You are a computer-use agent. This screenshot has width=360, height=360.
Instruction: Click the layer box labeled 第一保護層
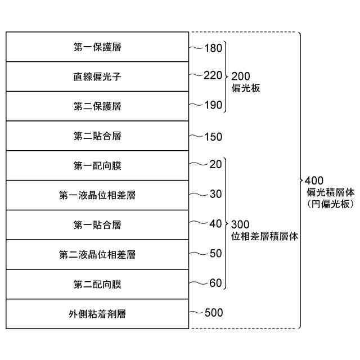(x=97, y=47)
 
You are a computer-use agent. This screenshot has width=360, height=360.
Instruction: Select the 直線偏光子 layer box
(x=97, y=76)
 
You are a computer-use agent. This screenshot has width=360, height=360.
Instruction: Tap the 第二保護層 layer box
(x=97, y=106)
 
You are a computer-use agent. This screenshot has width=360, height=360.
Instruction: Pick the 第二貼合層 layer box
(x=97, y=136)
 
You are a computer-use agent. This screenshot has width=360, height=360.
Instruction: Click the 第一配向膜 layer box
(x=97, y=166)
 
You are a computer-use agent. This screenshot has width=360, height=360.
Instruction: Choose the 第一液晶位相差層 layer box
(x=97, y=195)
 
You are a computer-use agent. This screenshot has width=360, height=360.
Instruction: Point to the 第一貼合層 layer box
(x=97, y=225)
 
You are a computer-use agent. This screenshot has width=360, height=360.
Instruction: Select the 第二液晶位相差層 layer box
(x=97, y=255)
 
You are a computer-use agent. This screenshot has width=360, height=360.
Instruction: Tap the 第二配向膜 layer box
(x=97, y=284)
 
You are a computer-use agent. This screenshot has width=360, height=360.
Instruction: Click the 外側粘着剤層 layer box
(x=97, y=314)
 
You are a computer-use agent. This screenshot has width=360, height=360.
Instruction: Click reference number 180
(x=213, y=49)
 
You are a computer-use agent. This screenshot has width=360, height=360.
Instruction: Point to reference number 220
(x=213, y=75)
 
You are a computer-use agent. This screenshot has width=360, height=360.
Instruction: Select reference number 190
(x=213, y=105)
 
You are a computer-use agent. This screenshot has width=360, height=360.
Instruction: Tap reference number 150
(x=213, y=137)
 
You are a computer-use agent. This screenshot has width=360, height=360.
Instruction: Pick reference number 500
(x=213, y=313)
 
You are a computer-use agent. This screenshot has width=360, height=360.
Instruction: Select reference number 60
(x=215, y=283)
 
